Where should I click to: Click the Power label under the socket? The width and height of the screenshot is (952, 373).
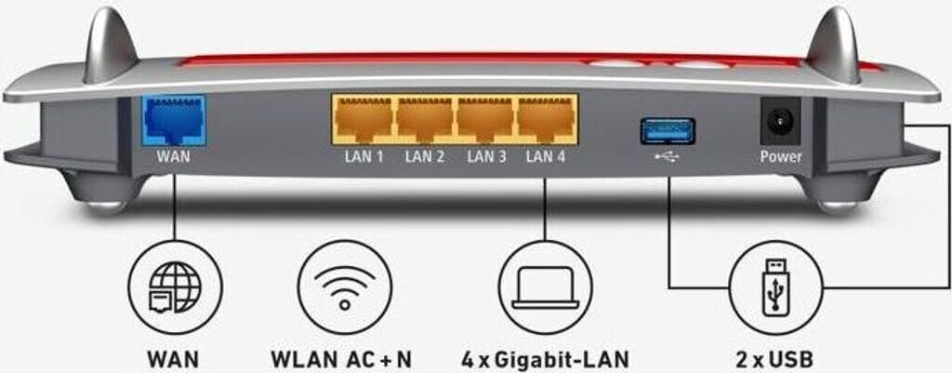point(780,156)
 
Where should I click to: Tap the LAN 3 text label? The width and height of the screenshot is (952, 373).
point(485,156)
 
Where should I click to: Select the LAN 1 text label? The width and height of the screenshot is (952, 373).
point(364,156)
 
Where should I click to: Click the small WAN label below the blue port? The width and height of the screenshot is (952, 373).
point(174,156)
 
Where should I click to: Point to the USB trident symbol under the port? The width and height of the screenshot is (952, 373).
point(667,156)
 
